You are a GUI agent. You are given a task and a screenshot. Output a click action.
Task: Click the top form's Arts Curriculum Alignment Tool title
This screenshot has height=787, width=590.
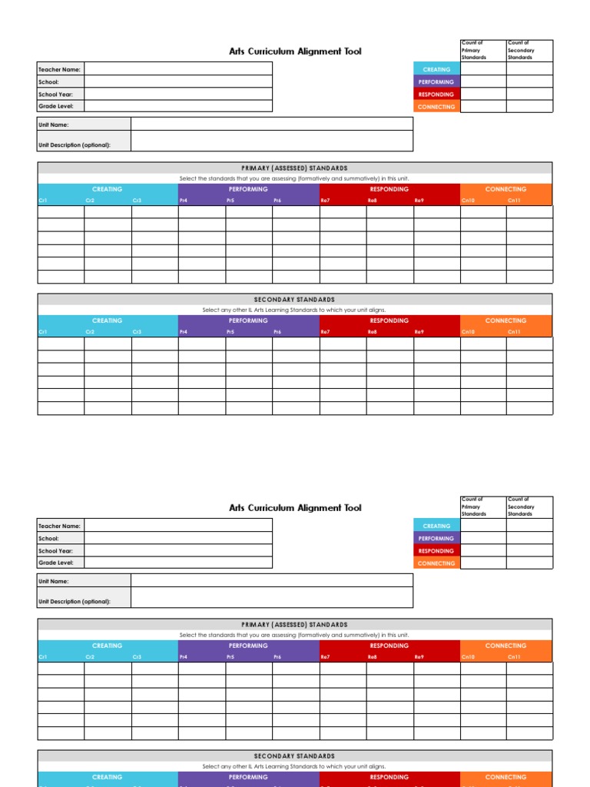point(295,51)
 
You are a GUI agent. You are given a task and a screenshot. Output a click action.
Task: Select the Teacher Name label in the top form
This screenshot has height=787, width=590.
point(60,69)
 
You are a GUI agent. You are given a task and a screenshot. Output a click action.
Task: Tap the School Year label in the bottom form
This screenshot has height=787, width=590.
point(56,550)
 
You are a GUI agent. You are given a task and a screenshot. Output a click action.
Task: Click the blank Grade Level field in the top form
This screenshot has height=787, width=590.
point(177,106)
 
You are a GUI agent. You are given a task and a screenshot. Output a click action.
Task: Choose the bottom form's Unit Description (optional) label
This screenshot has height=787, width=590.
point(75,601)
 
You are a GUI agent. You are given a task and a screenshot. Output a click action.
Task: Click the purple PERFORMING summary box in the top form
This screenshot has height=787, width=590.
point(436,81)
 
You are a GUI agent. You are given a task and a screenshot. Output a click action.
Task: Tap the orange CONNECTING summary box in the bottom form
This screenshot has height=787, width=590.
point(436,563)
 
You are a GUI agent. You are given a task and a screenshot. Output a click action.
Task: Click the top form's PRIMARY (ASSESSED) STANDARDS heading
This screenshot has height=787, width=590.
point(295,168)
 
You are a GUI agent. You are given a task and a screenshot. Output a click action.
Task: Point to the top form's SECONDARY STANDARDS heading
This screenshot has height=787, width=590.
point(295,300)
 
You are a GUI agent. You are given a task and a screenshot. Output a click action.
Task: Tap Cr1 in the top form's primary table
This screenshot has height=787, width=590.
point(43,201)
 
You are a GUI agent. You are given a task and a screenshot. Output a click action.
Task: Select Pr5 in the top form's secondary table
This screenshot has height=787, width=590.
point(230,332)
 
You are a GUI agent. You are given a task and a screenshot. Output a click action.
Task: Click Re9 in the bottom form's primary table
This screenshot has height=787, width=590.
point(419,657)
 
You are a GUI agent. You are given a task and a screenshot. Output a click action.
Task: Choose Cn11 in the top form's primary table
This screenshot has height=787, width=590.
point(514,201)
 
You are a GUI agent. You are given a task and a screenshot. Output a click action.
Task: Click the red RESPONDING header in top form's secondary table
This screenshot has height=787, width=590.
point(389,320)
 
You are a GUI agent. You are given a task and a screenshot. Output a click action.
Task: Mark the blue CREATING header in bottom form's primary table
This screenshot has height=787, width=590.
point(108,646)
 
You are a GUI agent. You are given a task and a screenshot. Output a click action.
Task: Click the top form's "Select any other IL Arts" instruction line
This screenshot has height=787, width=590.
point(295,310)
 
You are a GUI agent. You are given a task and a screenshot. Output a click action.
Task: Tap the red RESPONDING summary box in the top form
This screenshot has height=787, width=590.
point(436,95)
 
